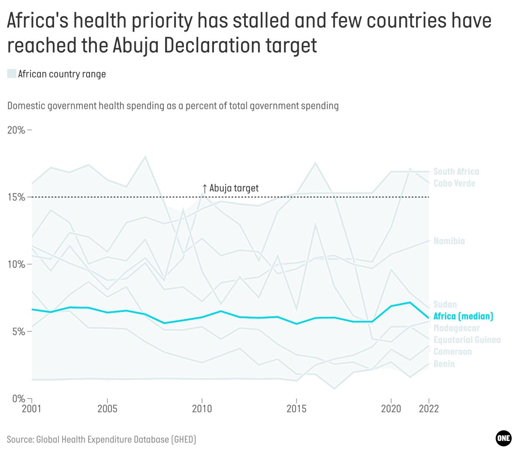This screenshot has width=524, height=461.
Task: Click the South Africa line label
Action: click(x=456, y=171)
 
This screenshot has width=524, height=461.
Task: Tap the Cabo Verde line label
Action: click(x=454, y=183)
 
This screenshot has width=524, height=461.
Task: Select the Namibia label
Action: click(x=449, y=241)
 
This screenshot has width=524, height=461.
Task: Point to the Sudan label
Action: click(x=445, y=304)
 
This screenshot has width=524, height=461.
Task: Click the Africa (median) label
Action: click(x=463, y=316)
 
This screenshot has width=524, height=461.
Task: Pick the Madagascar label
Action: click(x=456, y=328)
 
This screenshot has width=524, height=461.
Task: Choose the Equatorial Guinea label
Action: click(x=467, y=340)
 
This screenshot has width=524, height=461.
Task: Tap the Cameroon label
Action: click(x=452, y=352)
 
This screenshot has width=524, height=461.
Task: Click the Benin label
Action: click(x=444, y=364)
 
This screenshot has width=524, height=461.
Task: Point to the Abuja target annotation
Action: click(x=230, y=188)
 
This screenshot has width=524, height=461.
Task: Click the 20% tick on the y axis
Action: click(x=16, y=130)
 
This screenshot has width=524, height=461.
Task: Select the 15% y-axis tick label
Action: click(x=16, y=197)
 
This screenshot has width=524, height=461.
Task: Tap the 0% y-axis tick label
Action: click(x=19, y=398)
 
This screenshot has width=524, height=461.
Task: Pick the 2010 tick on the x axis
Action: click(x=202, y=409)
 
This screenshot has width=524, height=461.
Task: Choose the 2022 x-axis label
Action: click(x=429, y=409)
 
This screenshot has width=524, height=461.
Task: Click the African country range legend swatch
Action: click(x=12, y=74)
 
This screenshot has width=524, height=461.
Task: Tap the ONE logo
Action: click(x=503, y=438)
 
